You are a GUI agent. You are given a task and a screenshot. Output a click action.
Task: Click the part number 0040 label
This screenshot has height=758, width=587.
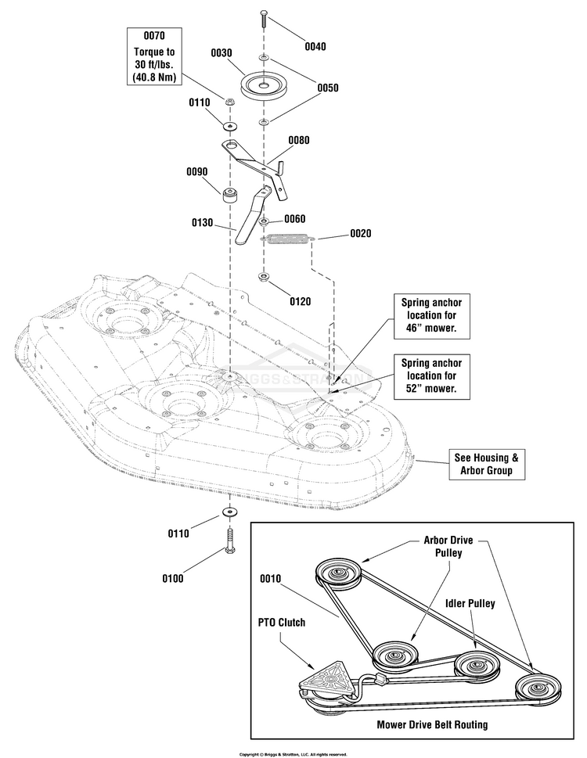click(315, 46)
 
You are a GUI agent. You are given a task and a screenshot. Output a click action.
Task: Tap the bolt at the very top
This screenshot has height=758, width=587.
click(264, 18)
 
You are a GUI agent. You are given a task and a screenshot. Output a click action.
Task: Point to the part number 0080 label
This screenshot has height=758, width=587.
click(299, 140)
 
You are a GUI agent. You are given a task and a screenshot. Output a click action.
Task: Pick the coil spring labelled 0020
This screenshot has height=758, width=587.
click(288, 239)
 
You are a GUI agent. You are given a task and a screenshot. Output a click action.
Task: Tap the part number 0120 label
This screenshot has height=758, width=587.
click(301, 302)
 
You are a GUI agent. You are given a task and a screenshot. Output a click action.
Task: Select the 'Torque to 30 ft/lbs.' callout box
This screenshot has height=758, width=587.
click(154, 56)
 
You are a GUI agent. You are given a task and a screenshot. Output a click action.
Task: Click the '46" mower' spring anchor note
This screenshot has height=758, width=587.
click(432, 315)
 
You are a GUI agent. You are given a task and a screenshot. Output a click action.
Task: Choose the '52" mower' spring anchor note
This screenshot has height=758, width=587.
click(432, 375)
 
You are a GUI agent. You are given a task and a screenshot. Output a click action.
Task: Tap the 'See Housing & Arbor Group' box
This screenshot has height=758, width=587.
click(486, 464)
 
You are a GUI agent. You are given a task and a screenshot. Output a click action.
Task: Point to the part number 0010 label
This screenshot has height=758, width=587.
click(270, 579)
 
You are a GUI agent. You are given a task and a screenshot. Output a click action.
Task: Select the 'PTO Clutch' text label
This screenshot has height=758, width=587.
click(282, 622)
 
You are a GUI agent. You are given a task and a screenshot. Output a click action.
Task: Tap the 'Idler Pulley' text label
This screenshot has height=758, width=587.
click(470, 603)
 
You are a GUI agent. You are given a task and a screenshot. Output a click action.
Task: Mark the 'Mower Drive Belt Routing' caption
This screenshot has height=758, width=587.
click(432, 724)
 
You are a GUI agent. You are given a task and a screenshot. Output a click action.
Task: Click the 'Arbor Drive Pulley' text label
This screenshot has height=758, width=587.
click(448, 546)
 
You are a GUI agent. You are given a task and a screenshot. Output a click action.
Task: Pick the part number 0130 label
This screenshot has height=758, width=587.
click(203, 222)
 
